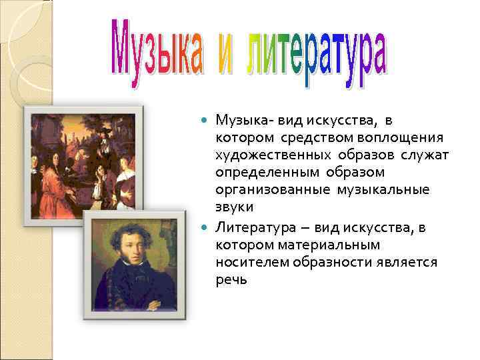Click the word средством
point(290,137)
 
